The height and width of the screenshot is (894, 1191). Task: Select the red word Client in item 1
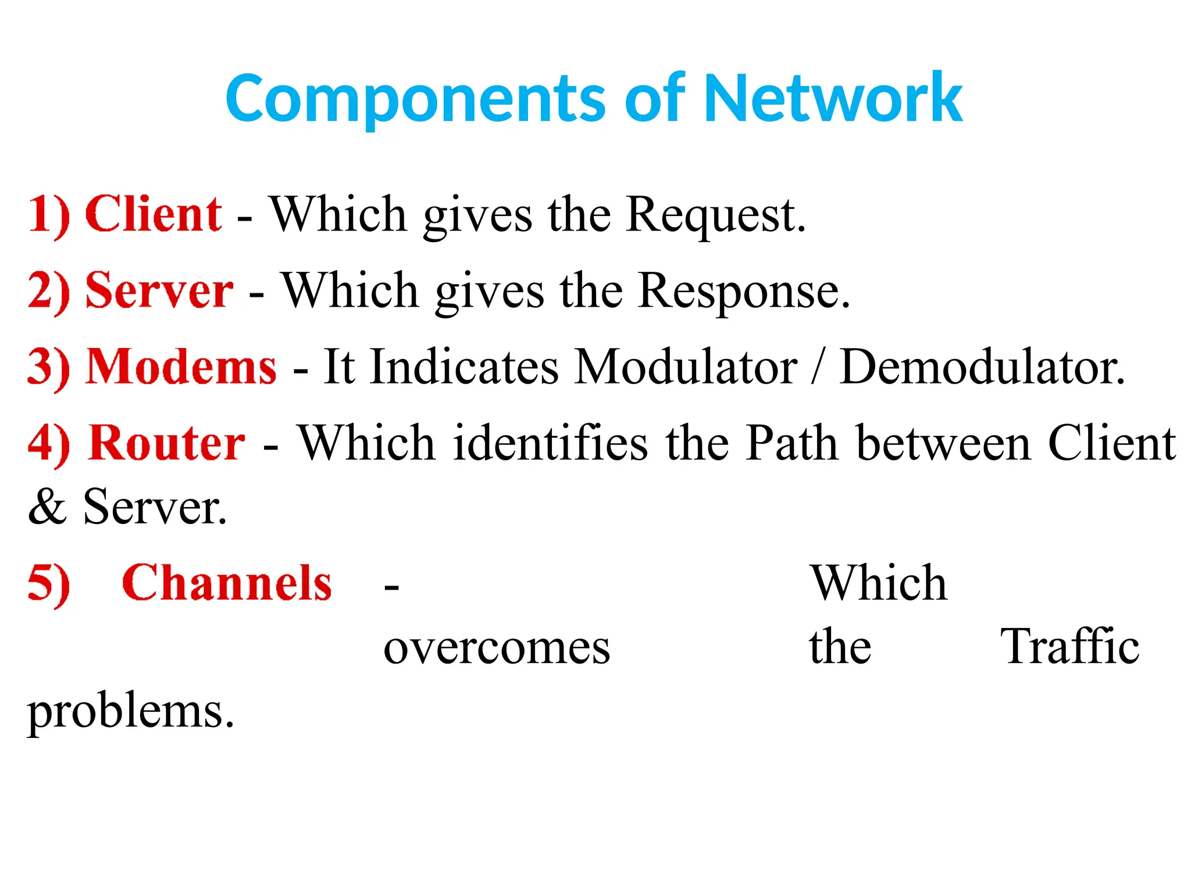click(154, 214)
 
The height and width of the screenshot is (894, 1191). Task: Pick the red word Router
click(167, 443)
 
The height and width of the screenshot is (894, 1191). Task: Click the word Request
click(716, 215)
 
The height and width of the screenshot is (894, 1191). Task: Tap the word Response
click(744, 292)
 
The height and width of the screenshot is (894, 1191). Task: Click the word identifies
click(550, 443)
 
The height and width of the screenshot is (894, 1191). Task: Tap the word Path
click(792, 443)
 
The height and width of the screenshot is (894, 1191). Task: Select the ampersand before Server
click(47, 507)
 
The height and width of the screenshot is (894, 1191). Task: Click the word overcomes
click(497, 648)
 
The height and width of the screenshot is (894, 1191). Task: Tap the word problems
click(131, 712)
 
